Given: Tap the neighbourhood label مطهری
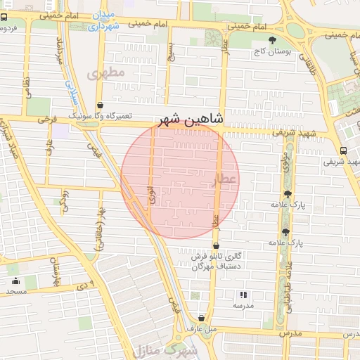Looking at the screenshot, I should click(106, 73).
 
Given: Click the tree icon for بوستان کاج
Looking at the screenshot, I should click(273, 39).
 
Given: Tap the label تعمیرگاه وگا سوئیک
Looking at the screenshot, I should click(100, 115).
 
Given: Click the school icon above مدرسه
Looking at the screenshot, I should click(243, 295).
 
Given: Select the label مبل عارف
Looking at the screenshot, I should click(201, 328).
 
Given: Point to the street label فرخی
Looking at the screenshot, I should click(47, 120).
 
